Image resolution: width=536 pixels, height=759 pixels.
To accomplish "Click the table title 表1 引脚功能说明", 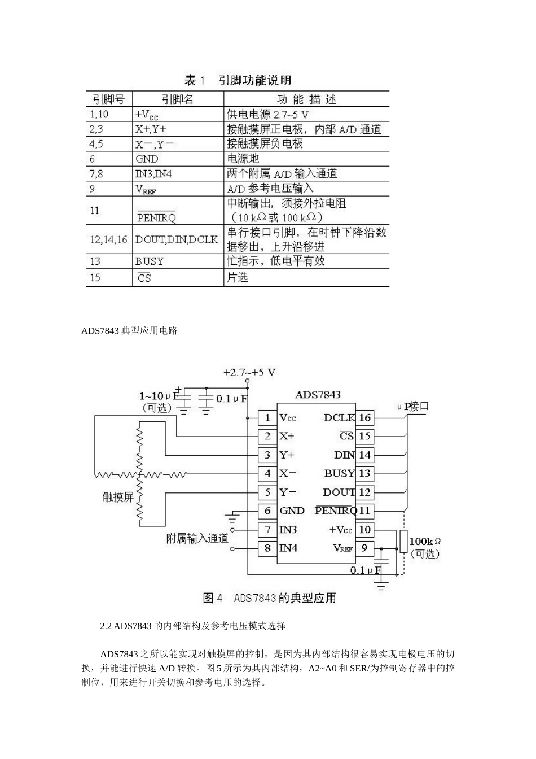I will [238, 80].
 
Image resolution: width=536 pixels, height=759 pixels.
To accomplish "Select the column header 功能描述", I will [306, 99].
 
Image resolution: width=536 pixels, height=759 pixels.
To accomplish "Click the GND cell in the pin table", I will [147, 159].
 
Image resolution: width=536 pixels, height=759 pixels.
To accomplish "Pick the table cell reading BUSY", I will [150, 261].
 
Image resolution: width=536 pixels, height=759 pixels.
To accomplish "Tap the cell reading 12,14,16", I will [108, 239].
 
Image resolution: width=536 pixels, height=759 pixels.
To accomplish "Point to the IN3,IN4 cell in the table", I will [153, 174].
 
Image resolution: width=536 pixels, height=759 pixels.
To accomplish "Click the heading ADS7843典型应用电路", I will [129, 331].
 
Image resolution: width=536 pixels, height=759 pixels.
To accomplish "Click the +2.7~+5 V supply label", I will [249, 372].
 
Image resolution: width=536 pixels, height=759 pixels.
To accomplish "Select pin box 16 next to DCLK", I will [364, 418].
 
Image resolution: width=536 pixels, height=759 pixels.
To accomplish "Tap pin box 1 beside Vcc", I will [267, 418].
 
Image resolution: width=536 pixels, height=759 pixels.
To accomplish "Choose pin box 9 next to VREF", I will [364, 548].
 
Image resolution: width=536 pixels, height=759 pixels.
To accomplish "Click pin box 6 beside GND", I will [267, 511].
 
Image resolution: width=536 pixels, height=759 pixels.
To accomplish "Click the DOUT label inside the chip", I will [339, 492].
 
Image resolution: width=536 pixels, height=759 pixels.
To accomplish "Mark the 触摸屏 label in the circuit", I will [118, 497].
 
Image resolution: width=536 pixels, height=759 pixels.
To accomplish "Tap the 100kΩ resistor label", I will [424, 541].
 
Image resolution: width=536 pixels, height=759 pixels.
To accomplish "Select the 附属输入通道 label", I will [197, 539].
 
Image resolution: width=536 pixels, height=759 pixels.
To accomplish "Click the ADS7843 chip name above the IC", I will [318, 395].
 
